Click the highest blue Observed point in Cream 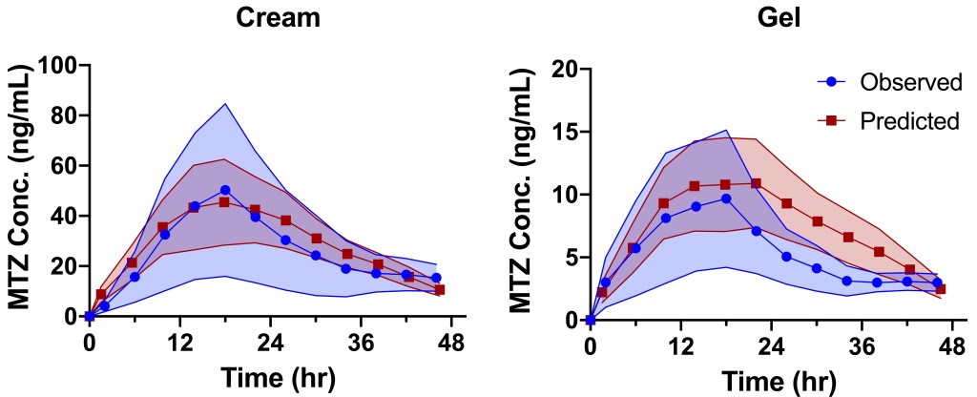pyautogui.click(x=225, y=190)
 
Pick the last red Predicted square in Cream pyautogui.click(x=440, y=289)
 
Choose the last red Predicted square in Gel pyautogui.click(x=941, y=288)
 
